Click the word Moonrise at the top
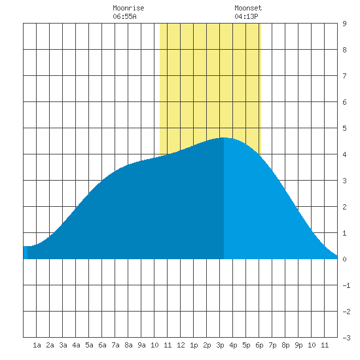[128, 8]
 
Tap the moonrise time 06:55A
[124, 16]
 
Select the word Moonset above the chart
[248, 8]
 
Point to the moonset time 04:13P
[246, 16]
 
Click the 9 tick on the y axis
[344, 24]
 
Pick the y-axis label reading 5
[344, 128]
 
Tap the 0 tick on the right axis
[344, 259]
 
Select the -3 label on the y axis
[346, 338]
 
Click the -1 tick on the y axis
[346, 285]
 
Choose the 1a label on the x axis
[37, 345]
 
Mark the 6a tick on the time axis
[102, 345]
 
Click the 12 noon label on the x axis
[181, 345]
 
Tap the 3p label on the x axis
[220, 345]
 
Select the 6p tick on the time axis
[259, 345]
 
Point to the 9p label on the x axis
[298, 345]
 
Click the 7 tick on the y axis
[344, 76]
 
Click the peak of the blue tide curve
[224, 137]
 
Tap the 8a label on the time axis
[128, 345]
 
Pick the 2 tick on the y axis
[344, 207]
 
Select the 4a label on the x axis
[76, 345]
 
